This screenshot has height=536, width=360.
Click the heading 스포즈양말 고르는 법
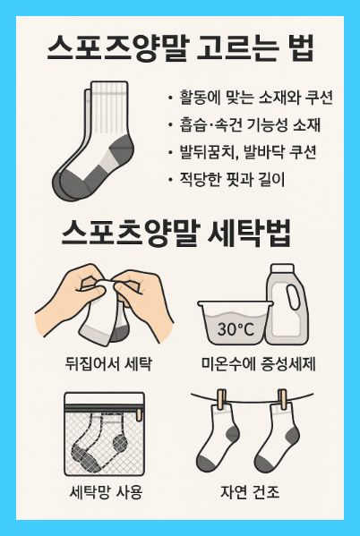click(x=179, y=47)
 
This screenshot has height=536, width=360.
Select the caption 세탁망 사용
click(x=105, y=492)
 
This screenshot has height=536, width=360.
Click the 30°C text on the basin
click(x=238, y=329)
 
